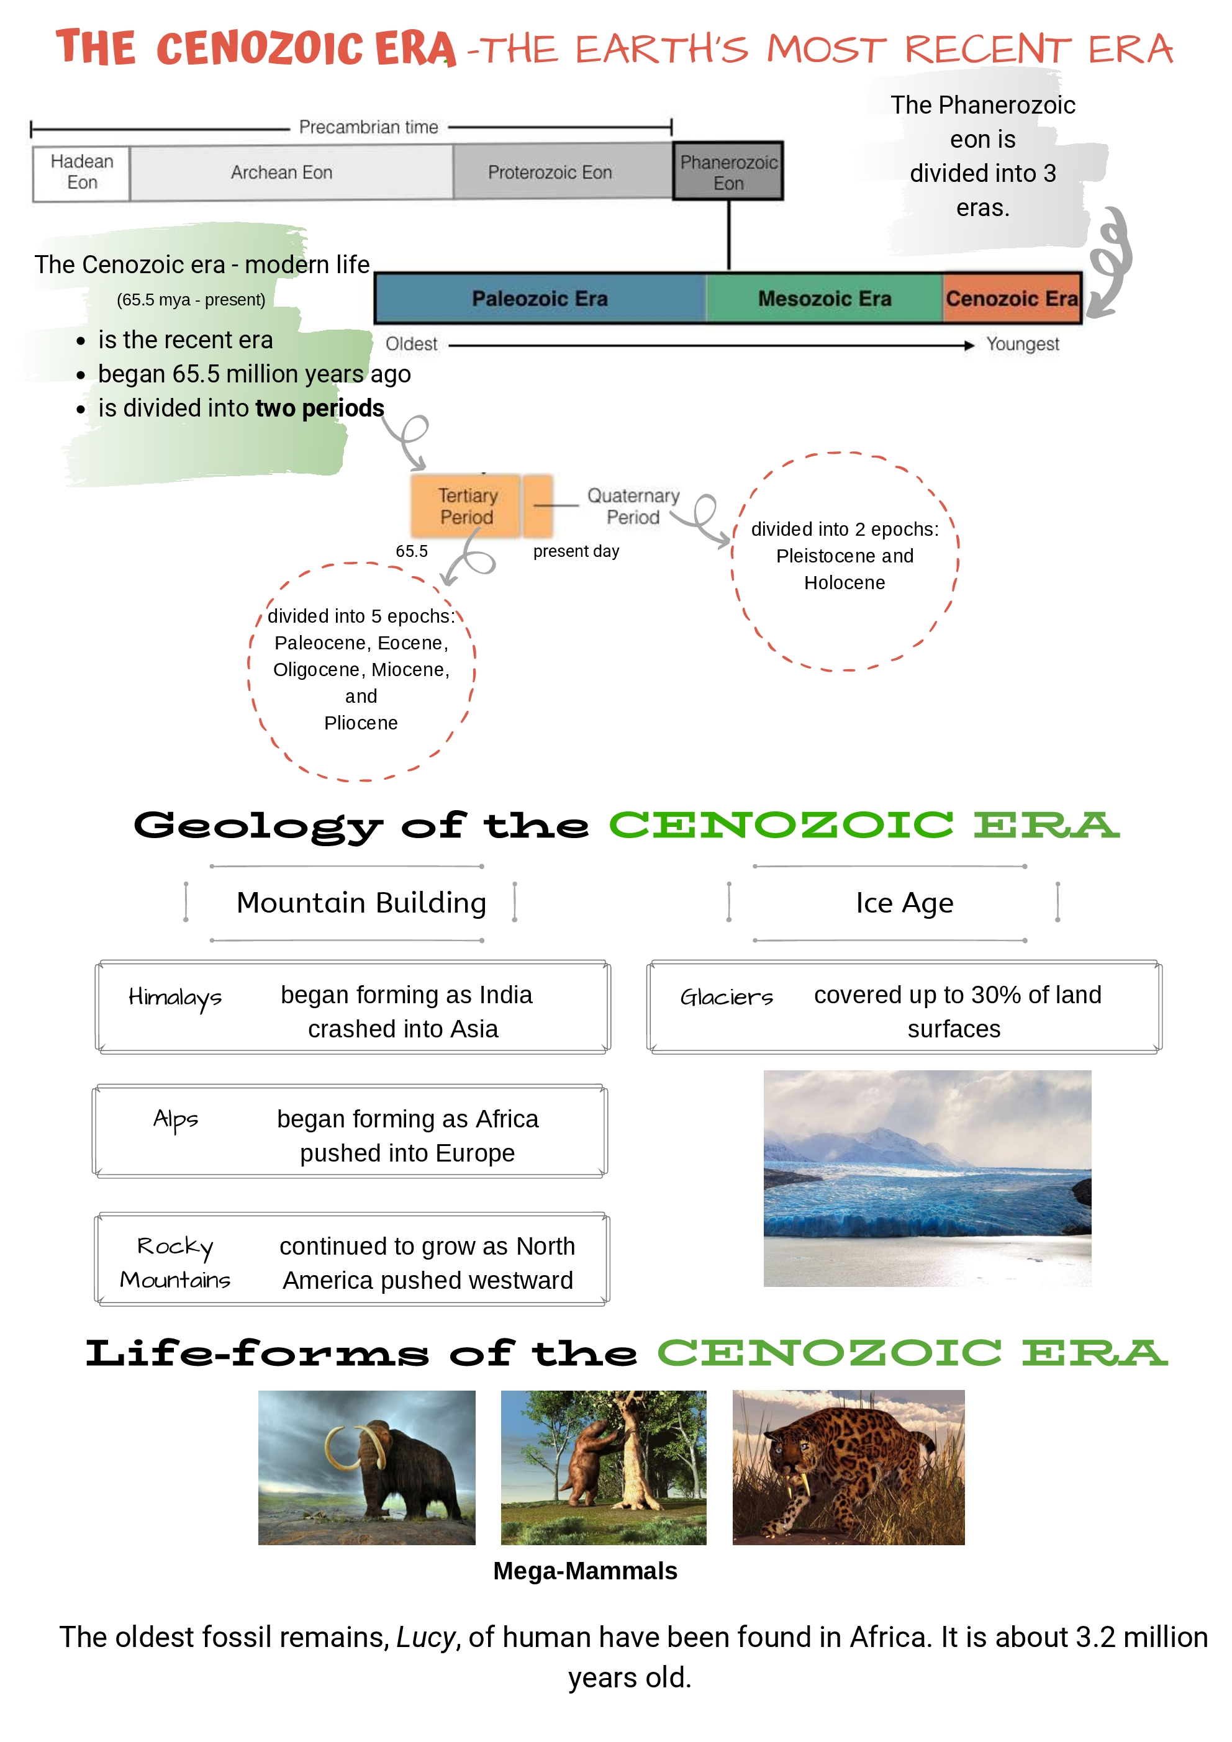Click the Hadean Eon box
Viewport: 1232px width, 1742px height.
81,173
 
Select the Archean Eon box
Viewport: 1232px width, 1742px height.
282,173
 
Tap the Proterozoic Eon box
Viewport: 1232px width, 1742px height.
550,173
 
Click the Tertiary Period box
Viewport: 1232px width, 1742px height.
467,506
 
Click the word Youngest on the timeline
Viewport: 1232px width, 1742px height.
1023,345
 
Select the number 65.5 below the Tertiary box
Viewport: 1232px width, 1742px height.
412,551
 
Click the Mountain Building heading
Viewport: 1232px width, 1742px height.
361,903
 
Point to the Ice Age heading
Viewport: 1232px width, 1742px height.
904,903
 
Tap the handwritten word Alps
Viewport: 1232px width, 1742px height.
175,1119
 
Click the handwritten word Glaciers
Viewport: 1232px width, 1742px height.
727,997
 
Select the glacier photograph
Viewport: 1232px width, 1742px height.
927,1178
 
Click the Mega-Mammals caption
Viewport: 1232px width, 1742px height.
584,1571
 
